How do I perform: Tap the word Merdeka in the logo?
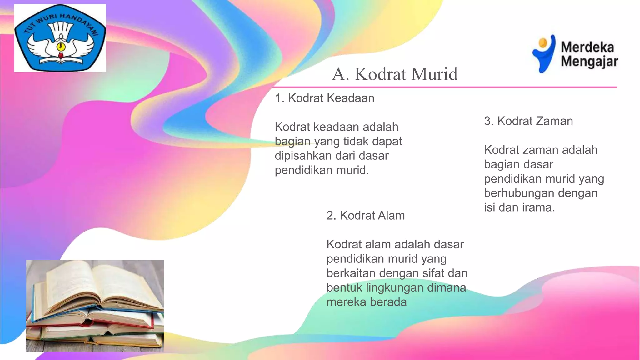587,47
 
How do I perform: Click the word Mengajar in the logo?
589,61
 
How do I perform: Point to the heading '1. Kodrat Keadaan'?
324,98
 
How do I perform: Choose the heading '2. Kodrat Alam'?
365,216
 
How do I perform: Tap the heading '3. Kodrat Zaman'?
528,121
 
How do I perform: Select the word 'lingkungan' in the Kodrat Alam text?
395,287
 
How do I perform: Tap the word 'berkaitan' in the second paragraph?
351,273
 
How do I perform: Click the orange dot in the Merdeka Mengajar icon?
543,42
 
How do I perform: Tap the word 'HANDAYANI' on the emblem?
78,22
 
